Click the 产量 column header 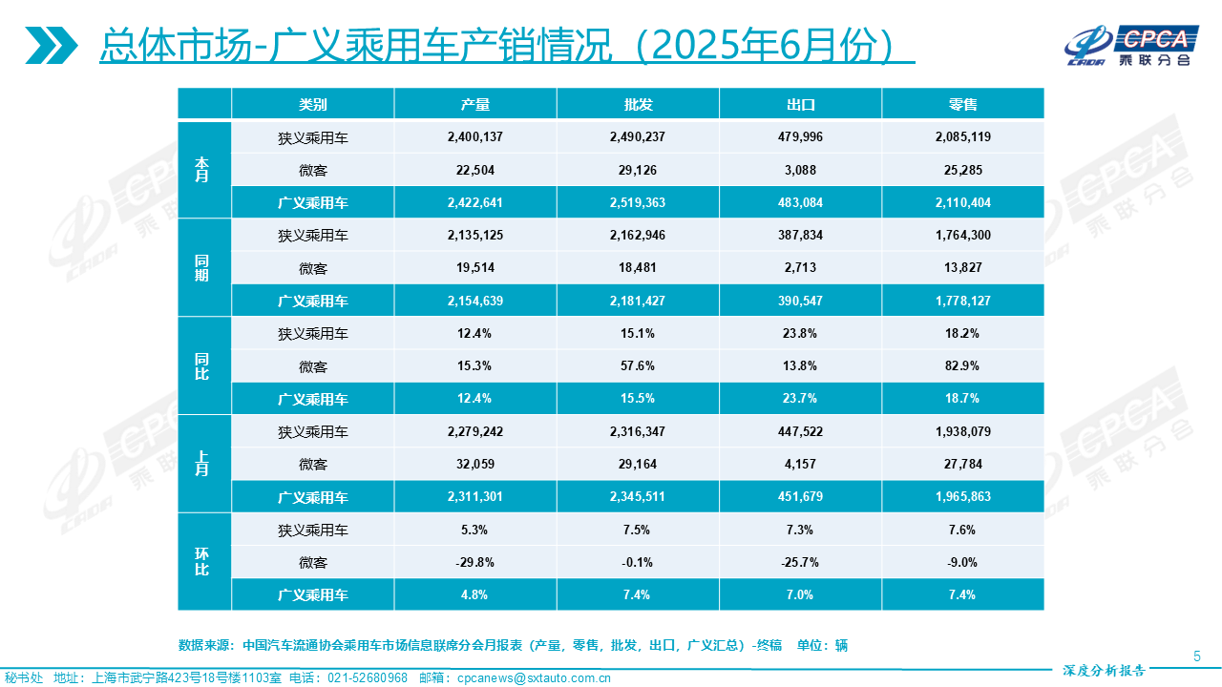pos(474,104)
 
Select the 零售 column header pos(962,104)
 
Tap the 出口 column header pos(800,104)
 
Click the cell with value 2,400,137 pos(474,136)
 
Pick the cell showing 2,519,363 pos(637,202)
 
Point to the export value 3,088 pos(800,170)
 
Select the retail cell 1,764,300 pos(962,235)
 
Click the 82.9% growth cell pos(962,366)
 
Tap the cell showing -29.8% pos(474,562)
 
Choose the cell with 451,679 pos(800,497)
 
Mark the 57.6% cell pos(637,366)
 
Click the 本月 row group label pos(203,170)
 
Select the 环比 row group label pos(203,562)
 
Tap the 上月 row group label pos(203,464)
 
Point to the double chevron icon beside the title pos(52,45)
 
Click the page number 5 pos(1197,656)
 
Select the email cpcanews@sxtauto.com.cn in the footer pos(535,678)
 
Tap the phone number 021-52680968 pos(368,678)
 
